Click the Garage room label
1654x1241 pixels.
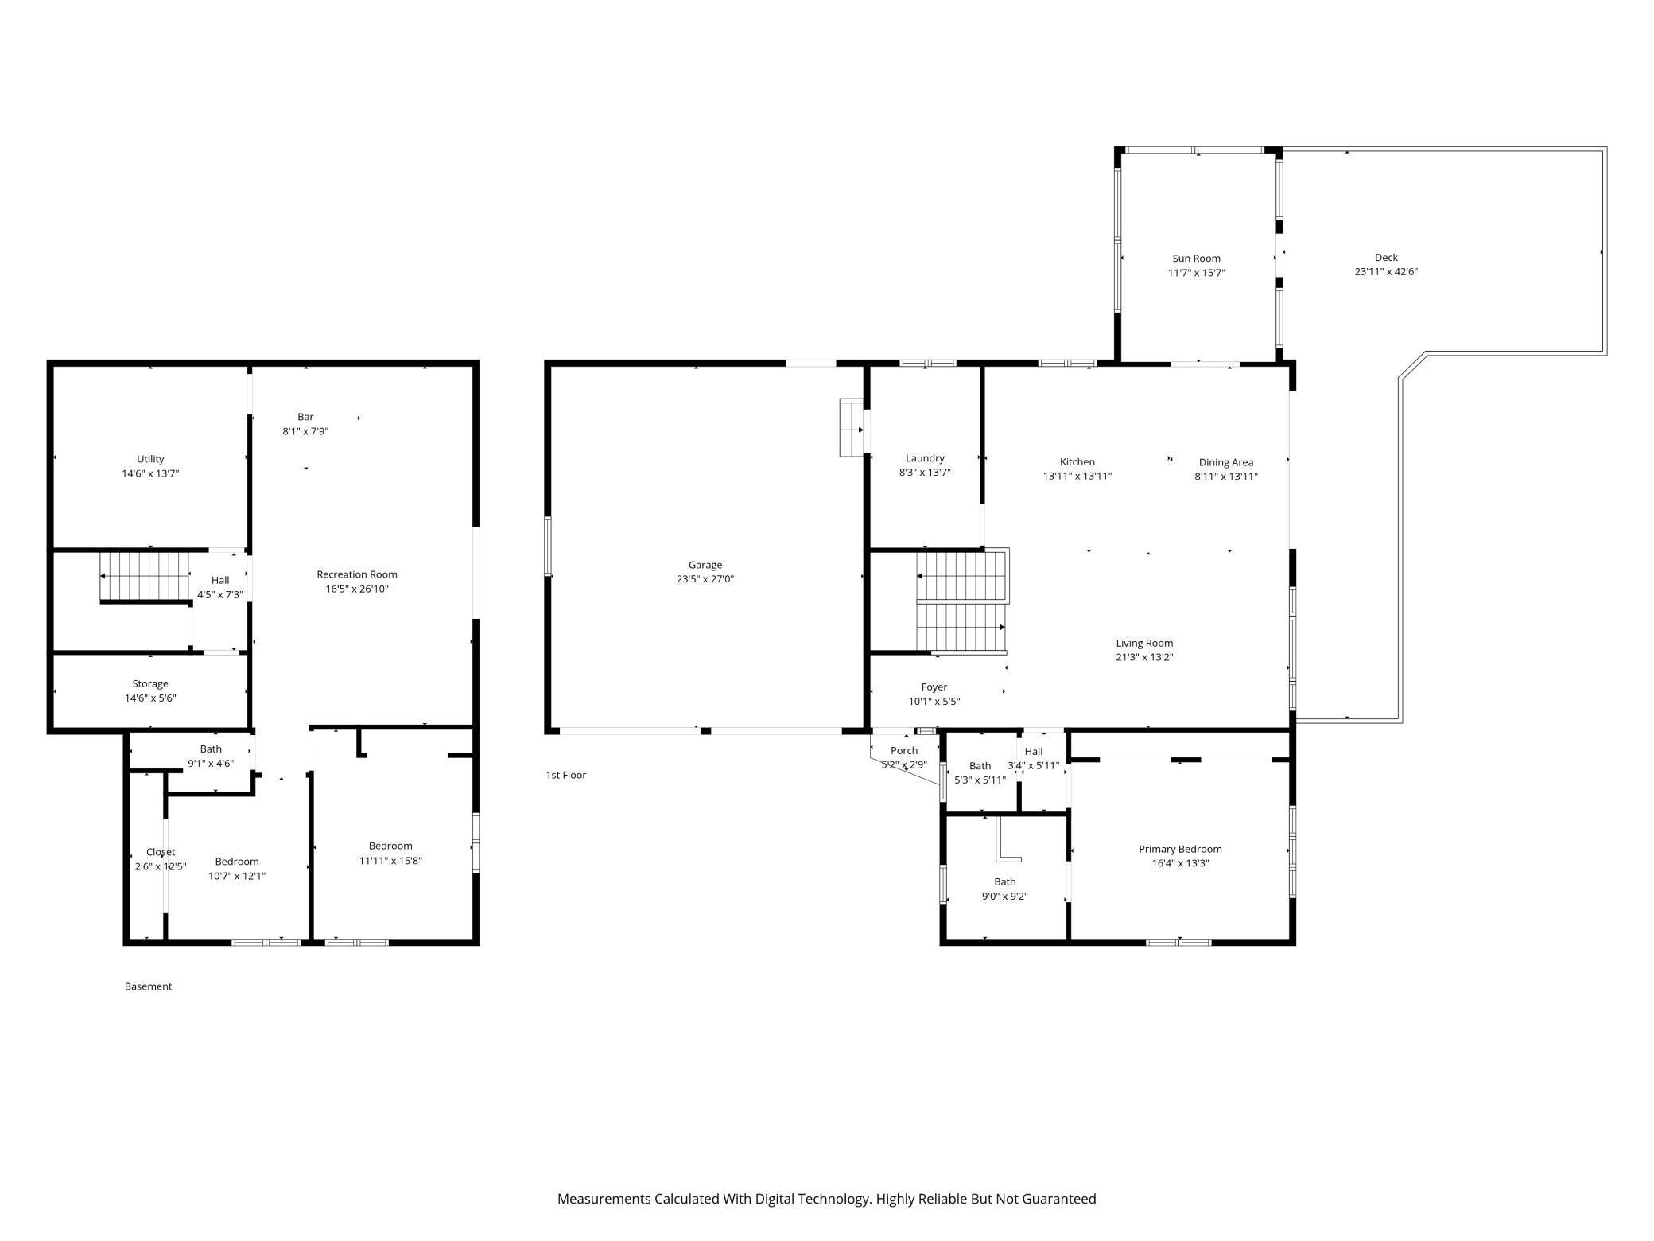pyautogui.click(x=705, y=565)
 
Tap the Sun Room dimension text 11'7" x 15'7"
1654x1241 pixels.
pyautogui.click(x=1196, y=273)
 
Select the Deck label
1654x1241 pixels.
pyautogui.click(x=1386, y=257)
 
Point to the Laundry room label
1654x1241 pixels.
pyautogui.click(x=925, y=458)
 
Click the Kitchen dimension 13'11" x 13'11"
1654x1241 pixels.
pyautogui.click(x=1077, y=477)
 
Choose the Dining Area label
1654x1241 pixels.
pyautogui.click(x=1225, y=462)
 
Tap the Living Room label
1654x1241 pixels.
pyautogui.click(x=1144, y=643)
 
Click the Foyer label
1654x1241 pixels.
pyautogui.click(x=934, y=687)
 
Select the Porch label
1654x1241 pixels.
pyautogui.click(x=904, y=750)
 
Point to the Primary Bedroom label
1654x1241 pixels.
pyautogui.click(x=1179, y=849)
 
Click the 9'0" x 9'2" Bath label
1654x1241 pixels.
pyautogui.click(x=1004, y=881)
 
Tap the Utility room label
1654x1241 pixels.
pyautogui.click(x=150, y=459)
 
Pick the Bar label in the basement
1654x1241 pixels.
pyautogui.click(x=305, y=417)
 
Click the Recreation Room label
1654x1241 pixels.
pyautogui.click(x=356, y=574)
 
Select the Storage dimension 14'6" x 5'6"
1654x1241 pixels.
pyautogui.click(x=150, y=698)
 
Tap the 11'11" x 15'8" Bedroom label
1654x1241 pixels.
pyautogui.click(x=390, y=846)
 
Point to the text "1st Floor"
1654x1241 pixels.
pyautogui.click(x=565, y=775)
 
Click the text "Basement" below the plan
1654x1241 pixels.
pyautogui.click(x=148, y=986)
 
